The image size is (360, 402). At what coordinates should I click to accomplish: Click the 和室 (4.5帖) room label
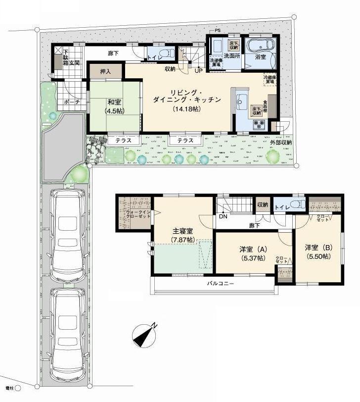point(115,106)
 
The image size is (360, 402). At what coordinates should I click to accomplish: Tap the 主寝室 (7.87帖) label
point(182,236)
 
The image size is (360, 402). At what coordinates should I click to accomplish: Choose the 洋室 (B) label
point(319,252)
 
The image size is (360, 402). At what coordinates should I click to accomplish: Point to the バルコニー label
point(220,284)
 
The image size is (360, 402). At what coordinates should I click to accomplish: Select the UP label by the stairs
point(198,70)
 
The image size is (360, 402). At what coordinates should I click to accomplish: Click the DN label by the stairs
point(224,216)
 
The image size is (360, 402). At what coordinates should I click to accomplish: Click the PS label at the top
point(217,31)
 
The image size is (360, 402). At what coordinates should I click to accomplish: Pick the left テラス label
point(123,141)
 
